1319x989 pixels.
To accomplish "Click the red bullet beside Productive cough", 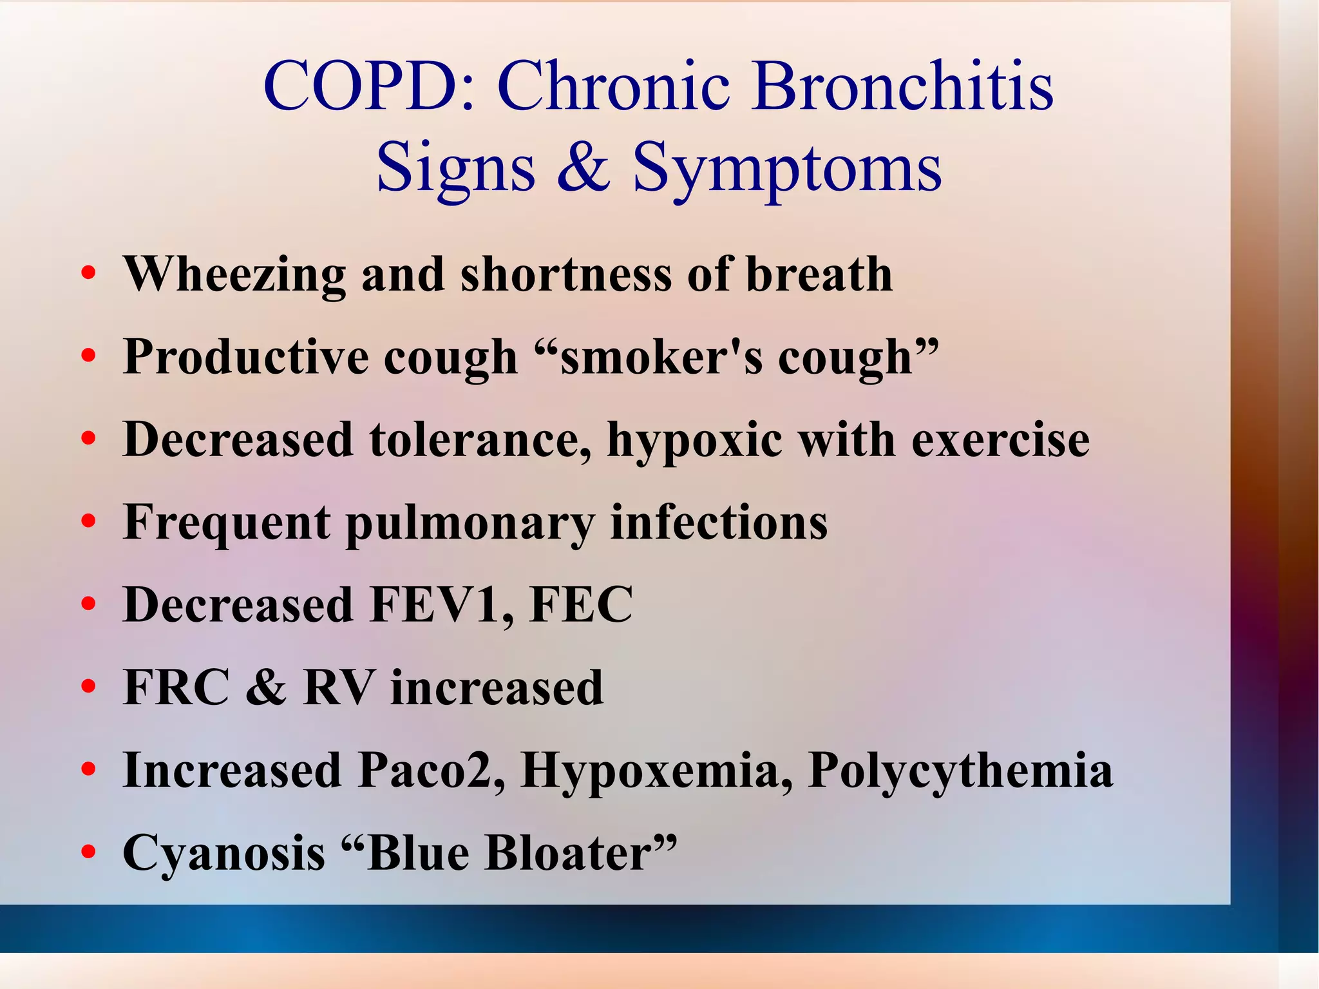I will [x=89, y=356].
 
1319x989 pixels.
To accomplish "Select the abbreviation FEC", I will [x=581, y=605].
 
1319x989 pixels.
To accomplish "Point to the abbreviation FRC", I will [x=176, y=687].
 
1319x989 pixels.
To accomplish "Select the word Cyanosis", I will [x=223, y=854].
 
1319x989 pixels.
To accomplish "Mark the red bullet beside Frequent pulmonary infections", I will [x=89, y=521].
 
